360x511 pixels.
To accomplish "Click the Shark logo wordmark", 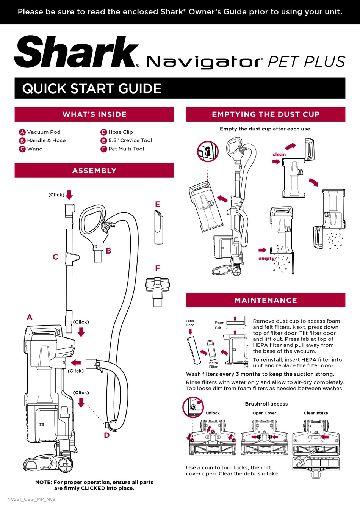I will point(77,52).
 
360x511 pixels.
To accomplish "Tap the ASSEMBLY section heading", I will point(94,171).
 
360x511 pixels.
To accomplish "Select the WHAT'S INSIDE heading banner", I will point(94,114).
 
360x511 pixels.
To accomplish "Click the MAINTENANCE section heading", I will point(266,300).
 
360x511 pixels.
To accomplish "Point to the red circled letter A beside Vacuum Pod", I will point(22,132).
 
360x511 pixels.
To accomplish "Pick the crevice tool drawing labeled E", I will point(159,227).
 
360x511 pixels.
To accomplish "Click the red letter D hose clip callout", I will point(107,435).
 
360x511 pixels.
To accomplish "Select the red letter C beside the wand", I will point(55,257).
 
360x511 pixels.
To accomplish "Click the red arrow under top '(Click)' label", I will point(69,195).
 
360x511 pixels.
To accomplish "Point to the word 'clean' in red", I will point(279,154).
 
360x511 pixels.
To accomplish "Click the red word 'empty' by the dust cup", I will point(266,259).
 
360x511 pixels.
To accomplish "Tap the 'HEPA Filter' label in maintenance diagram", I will point(213,365).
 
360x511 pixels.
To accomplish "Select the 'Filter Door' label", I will point(190,323).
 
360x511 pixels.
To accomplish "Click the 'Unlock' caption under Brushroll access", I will point(213,413).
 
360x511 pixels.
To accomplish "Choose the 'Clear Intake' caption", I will point(316,413).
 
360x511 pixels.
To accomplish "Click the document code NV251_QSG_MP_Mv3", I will point(31,499).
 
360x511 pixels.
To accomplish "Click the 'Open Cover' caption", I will point(264,413).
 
